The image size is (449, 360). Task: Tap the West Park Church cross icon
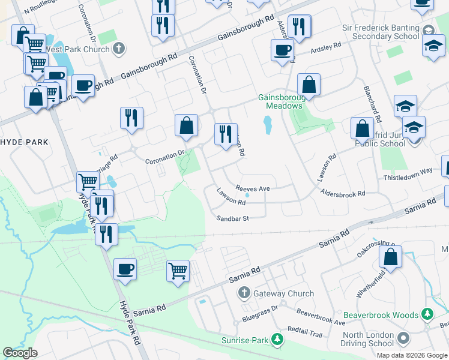pos(119,47)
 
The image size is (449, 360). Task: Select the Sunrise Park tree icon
pos(277,340)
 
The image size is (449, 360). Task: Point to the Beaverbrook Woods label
pos(381,314)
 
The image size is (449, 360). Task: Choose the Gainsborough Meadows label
pos(280,101)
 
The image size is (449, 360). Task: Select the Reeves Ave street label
pos(253,188)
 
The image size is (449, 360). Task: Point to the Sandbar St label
pos(233,219)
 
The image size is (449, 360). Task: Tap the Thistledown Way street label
pos(408,171)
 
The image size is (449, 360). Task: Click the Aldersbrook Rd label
pos(343,194)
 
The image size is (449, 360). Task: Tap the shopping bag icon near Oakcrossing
pos(390,257)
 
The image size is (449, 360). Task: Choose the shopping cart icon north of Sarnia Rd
pos(178,271)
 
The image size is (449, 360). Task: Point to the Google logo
pos(20,353)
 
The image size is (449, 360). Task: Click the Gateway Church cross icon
pos(244,293)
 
